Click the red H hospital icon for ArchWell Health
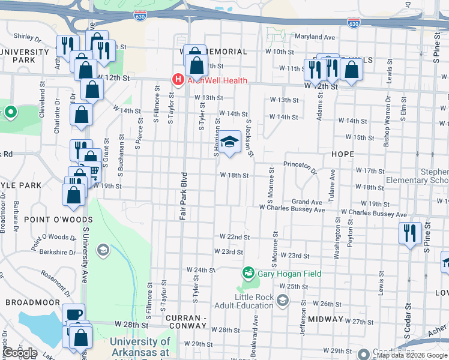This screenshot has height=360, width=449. [x=178, y=79]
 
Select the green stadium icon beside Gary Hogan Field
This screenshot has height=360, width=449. [x=248, y=274]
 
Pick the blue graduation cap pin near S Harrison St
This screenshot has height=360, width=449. [x=228, y=143]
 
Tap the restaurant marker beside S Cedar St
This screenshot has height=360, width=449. [x=410, y=233]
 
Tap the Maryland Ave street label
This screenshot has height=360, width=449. [x=315, y=37]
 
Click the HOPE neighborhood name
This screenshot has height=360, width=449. [x=343, y=154]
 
